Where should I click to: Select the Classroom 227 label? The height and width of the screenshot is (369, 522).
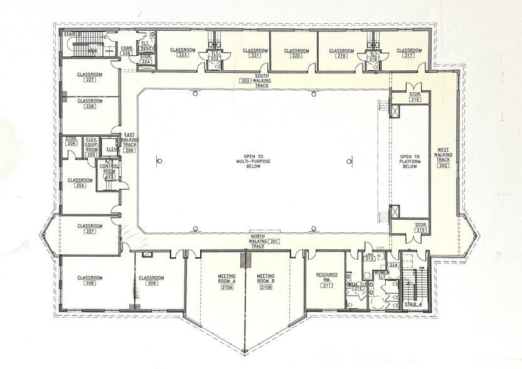point(90,77)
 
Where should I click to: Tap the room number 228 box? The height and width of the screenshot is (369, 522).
point(90,107)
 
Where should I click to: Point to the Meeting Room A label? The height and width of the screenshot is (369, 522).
point(226,279)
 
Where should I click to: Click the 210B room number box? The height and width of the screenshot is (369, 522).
point(266,287)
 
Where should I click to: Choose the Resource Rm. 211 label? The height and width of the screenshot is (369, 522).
point(326,277)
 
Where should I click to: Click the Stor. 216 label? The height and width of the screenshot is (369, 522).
point(415,97)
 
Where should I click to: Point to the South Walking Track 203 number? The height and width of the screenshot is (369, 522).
point(245,81)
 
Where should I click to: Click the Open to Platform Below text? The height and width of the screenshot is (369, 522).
point(409,161)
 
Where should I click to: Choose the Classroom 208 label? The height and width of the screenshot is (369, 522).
point(90,281)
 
